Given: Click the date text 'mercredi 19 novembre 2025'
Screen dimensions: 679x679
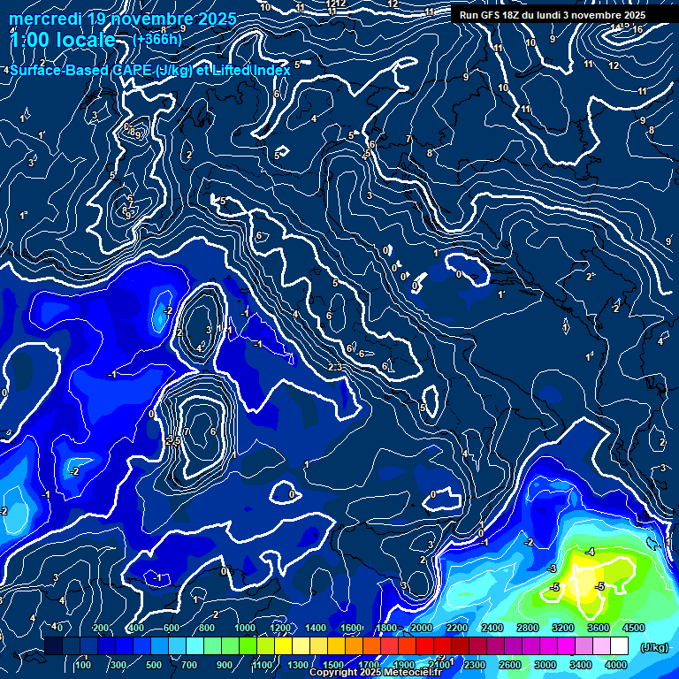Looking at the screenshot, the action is (122, 19).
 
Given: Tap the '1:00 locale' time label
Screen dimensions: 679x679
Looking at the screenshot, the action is (62, 40).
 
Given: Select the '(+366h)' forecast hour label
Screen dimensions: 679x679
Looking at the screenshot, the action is (156, 40).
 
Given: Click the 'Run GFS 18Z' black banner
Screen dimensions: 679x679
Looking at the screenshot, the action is (552, 15).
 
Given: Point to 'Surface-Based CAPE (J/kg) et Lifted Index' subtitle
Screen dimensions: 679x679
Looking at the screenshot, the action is (150, 70).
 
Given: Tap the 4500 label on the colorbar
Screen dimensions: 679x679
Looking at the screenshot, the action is (633, 628).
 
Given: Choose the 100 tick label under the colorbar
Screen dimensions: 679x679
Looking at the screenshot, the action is (83, 665).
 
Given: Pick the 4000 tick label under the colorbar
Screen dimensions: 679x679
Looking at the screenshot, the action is (617, 665).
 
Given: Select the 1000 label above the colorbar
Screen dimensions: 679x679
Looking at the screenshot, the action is (244, 628).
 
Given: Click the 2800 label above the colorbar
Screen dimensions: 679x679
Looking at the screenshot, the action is (528, 628).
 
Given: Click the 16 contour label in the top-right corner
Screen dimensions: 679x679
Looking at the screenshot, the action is (637, 29).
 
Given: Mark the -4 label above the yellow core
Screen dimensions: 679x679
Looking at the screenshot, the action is (590, 552).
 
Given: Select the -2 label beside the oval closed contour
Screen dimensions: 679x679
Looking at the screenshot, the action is (167, 310).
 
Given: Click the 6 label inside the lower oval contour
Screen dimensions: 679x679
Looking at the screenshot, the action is (213, 431).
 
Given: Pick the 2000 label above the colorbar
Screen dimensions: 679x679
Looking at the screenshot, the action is (421, 628).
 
